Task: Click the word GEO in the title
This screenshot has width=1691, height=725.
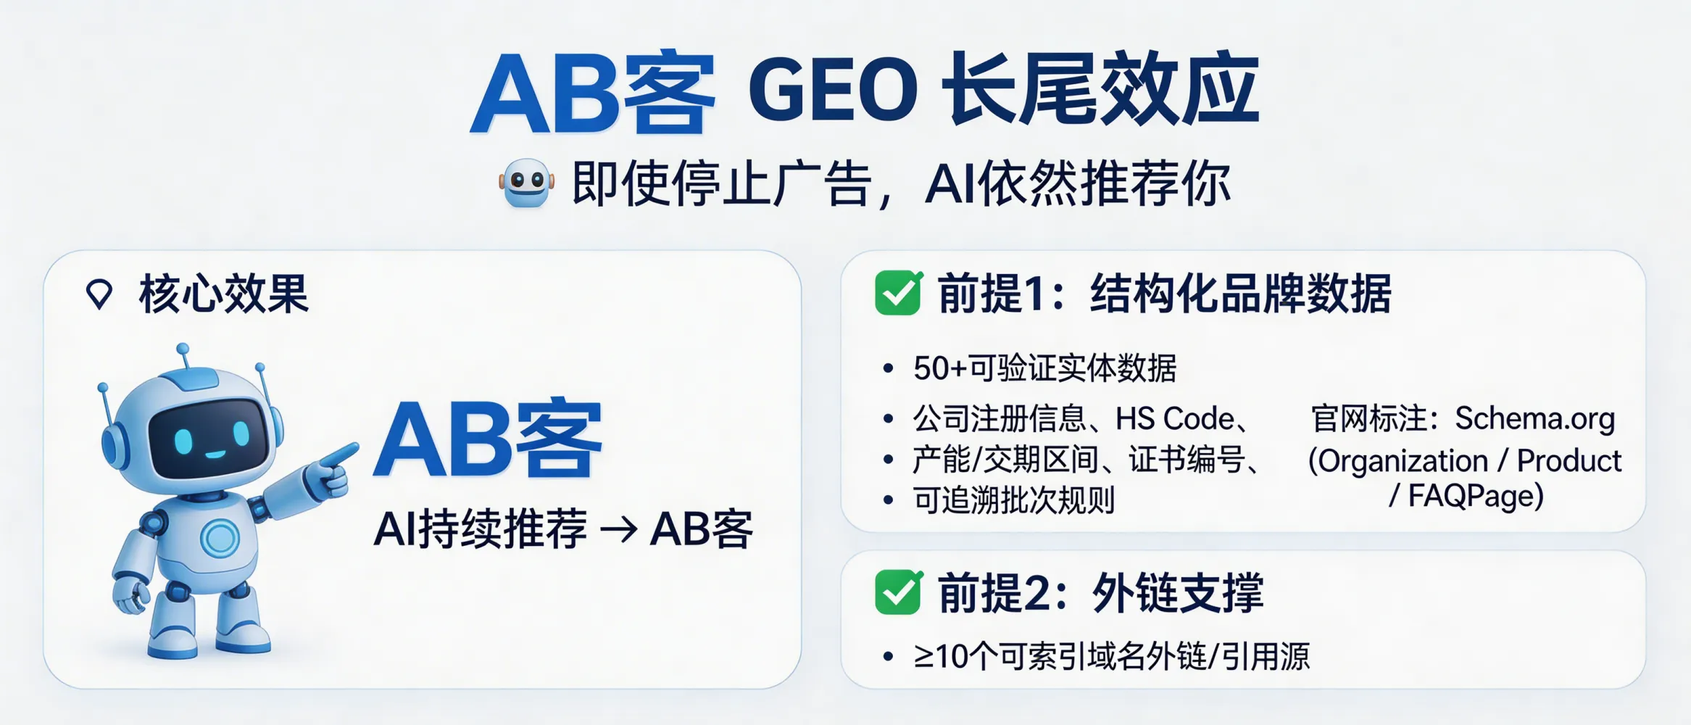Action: coord(834,91)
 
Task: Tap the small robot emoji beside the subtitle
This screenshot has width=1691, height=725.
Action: coord(527,183)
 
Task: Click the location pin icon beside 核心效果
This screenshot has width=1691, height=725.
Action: coord(99,294)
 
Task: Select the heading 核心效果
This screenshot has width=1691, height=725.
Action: coord(224,294)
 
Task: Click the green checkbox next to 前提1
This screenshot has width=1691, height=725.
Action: coord(898,294)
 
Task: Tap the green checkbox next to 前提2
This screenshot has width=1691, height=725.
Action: coord(898,592)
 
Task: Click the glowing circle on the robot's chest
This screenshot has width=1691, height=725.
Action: coord(220,538)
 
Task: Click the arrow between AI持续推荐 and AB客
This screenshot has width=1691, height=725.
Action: coord(618,530)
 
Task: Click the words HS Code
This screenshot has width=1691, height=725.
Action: coord(1174,418)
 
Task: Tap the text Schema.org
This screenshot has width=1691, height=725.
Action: coord(1535,418)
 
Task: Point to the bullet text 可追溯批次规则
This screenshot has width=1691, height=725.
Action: coord(1013,500)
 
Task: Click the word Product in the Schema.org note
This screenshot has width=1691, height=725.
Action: coord(1569,460)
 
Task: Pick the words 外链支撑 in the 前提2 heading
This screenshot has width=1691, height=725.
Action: coord(1177,593)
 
